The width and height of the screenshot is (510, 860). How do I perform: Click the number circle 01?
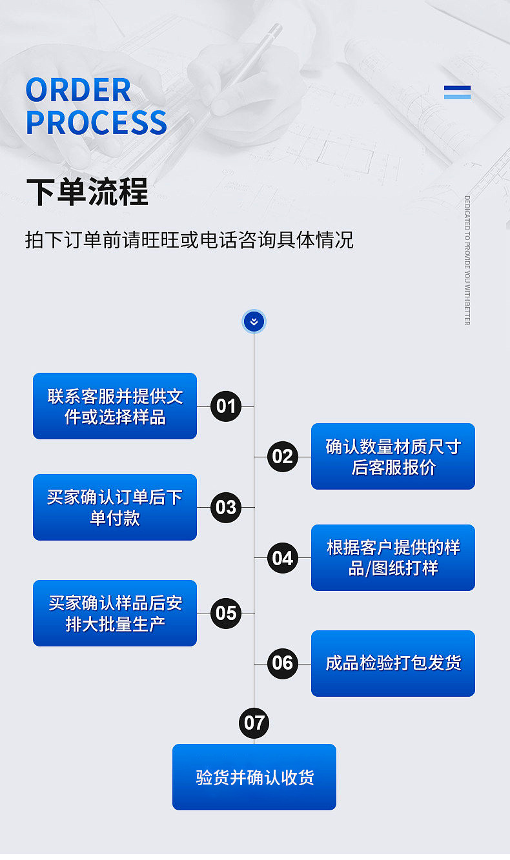pos(226,406)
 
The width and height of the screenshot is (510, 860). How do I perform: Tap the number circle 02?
pos(282,457)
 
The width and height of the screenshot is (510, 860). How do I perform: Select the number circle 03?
pos(226,507)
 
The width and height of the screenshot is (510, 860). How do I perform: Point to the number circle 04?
pos(282,558)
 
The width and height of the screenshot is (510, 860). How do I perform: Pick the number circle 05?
pos(226,613)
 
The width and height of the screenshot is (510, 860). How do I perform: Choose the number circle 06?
pos(282,663)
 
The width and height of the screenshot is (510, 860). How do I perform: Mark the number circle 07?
pos(254,723)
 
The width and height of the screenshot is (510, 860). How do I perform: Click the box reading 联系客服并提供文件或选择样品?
pos(115,406)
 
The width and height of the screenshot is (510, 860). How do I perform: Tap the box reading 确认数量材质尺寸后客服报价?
pos(393,457)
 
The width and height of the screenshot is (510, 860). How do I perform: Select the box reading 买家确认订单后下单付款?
pos(115,507)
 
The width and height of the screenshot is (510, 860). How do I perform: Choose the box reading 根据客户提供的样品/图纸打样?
pos(393,558)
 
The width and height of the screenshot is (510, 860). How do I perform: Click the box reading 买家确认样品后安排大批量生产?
pos(115,613)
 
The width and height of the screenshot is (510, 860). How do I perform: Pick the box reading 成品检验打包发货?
pos(393,663)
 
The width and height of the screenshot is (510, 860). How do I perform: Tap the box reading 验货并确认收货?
pos(254,777)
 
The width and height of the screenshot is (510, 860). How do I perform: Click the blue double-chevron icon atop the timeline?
pos(254,321)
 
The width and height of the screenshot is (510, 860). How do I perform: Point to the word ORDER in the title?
pos(79,90)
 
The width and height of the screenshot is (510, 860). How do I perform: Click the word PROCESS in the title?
pos(97,123)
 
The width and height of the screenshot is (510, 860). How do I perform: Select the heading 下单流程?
pos(87,192)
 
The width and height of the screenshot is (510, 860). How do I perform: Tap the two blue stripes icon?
pos(457,92)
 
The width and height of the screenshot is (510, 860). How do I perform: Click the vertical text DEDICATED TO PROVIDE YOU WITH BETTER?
pos(467,260)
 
